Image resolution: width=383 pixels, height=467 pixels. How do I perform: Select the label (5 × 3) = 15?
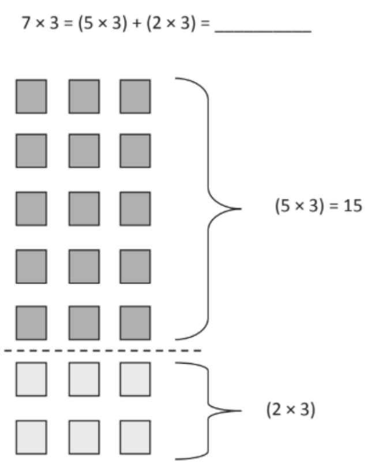318,207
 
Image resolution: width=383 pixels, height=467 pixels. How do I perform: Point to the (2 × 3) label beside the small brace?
290,410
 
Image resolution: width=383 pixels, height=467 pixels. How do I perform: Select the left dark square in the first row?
31,96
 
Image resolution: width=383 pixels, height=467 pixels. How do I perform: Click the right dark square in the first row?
135,96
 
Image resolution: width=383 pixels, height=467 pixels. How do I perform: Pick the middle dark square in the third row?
84,208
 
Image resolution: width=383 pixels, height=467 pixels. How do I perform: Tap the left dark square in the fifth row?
31,322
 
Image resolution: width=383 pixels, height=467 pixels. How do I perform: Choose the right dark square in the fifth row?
135,322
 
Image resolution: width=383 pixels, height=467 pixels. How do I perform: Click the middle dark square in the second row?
84,151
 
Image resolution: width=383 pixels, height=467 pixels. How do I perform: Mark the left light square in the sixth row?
31,379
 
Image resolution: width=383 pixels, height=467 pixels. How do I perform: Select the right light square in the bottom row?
135,436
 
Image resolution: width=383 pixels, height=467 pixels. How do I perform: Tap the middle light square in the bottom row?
84,436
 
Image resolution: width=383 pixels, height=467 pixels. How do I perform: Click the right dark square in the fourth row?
135,266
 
